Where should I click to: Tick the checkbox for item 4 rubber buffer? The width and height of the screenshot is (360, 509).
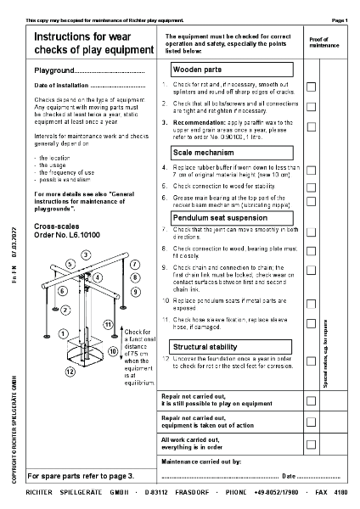coord(311,170)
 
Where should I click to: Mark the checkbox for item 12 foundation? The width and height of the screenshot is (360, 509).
coord(311,366)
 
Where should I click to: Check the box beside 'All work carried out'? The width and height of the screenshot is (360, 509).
coord(311,444)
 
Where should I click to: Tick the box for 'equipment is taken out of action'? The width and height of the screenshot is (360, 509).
coord(311,421)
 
